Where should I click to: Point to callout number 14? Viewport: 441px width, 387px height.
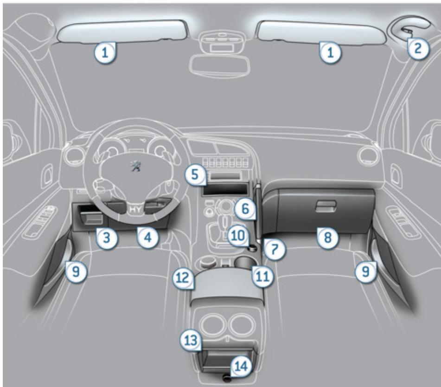tap(242, 366)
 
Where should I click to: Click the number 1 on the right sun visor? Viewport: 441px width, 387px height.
tap(331, 53)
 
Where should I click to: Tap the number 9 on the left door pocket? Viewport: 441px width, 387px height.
tap(76, 272)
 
